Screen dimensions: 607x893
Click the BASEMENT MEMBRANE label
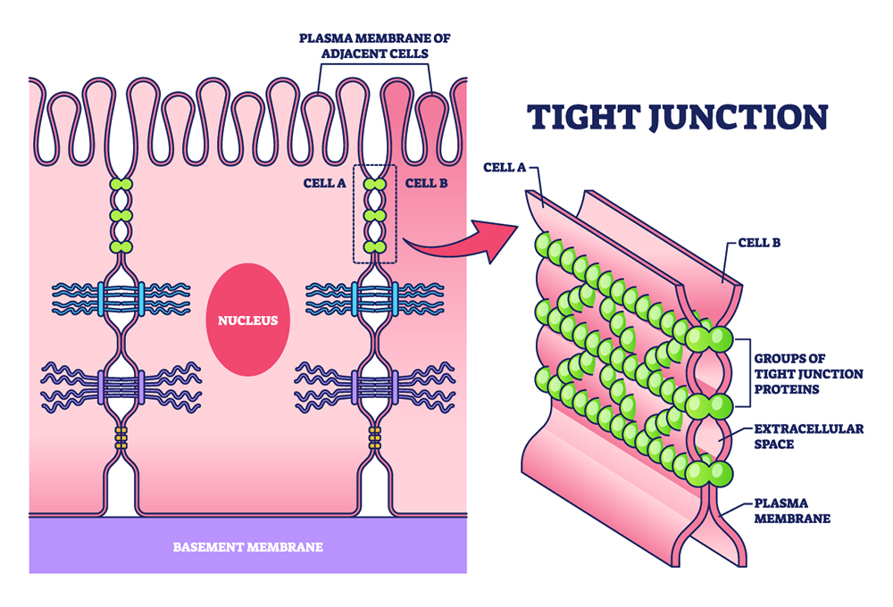click(x=247, y=546)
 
